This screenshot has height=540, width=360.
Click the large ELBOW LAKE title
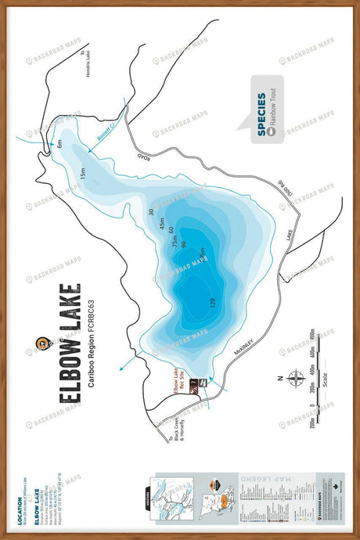(70, 344)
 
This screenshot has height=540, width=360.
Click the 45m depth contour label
(163, 225)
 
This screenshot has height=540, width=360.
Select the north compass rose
(295, 379)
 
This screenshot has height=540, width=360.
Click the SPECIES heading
(262, 118)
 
